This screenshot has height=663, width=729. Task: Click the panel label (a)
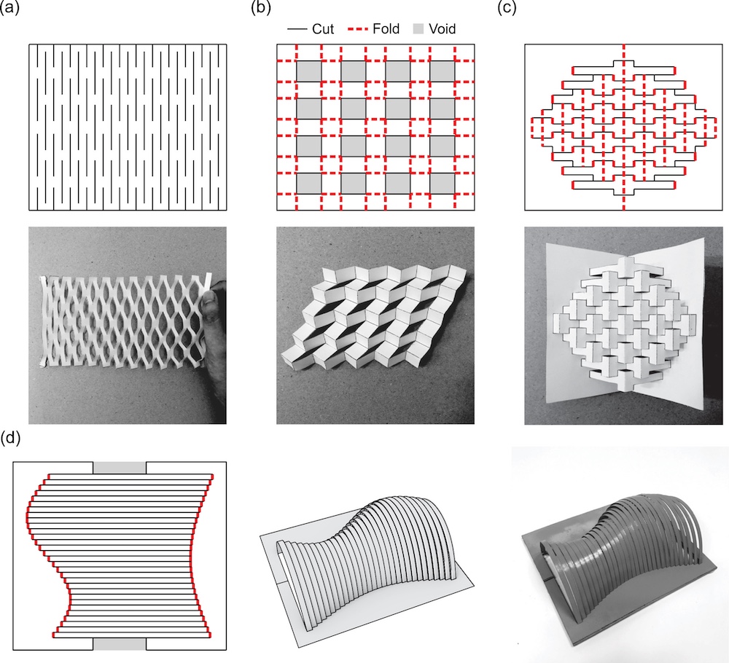click(x=9, y=8)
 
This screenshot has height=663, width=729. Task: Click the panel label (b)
click(x=261, y=8)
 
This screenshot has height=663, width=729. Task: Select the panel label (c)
click(x=507, y=8)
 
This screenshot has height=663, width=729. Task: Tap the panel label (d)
click(x=10, y=439)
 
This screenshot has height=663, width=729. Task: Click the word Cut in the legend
click(x=323, y=29)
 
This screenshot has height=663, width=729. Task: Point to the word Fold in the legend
click(x=386, y=29)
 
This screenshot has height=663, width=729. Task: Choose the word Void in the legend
click(x=442, y=29)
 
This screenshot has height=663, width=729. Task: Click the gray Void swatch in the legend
click(x=418, y=29)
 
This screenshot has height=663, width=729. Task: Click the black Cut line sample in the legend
click(x=297, y=29)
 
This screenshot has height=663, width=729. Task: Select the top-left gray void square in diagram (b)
click(x=308, y=71)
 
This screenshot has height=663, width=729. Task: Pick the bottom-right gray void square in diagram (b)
click(x=443, y=184)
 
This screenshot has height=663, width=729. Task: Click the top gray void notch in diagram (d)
click(x=120, y=468)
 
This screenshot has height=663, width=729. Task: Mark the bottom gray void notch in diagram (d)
click(x=120, y=644)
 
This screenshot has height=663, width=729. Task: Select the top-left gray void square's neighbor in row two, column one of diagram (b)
click(x=308, y=109)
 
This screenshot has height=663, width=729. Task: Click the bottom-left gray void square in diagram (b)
click(x=308, y=184)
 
